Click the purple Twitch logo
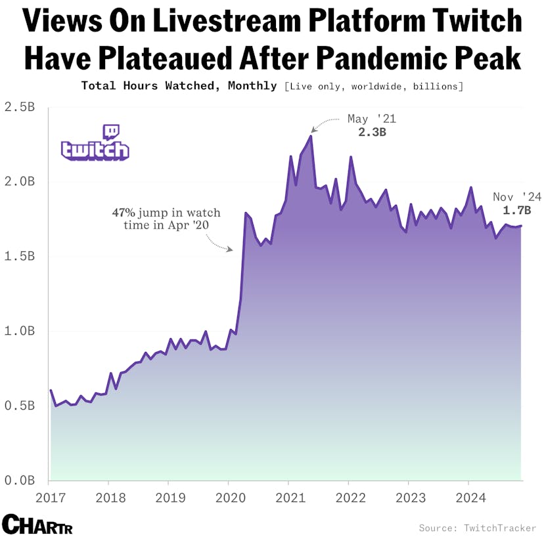click(95, 142)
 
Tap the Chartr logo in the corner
click(37, 525)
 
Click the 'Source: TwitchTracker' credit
click(479, 527)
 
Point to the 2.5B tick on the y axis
click(19, 106)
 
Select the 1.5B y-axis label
click(19, 256)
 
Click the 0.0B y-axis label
click(19, 481)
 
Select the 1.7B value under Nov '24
click(516, 211)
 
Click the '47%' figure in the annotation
click(123, 213)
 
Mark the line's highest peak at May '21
click(311, 136)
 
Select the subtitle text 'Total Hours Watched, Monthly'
click(179, 86)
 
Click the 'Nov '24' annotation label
click(516, 197)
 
